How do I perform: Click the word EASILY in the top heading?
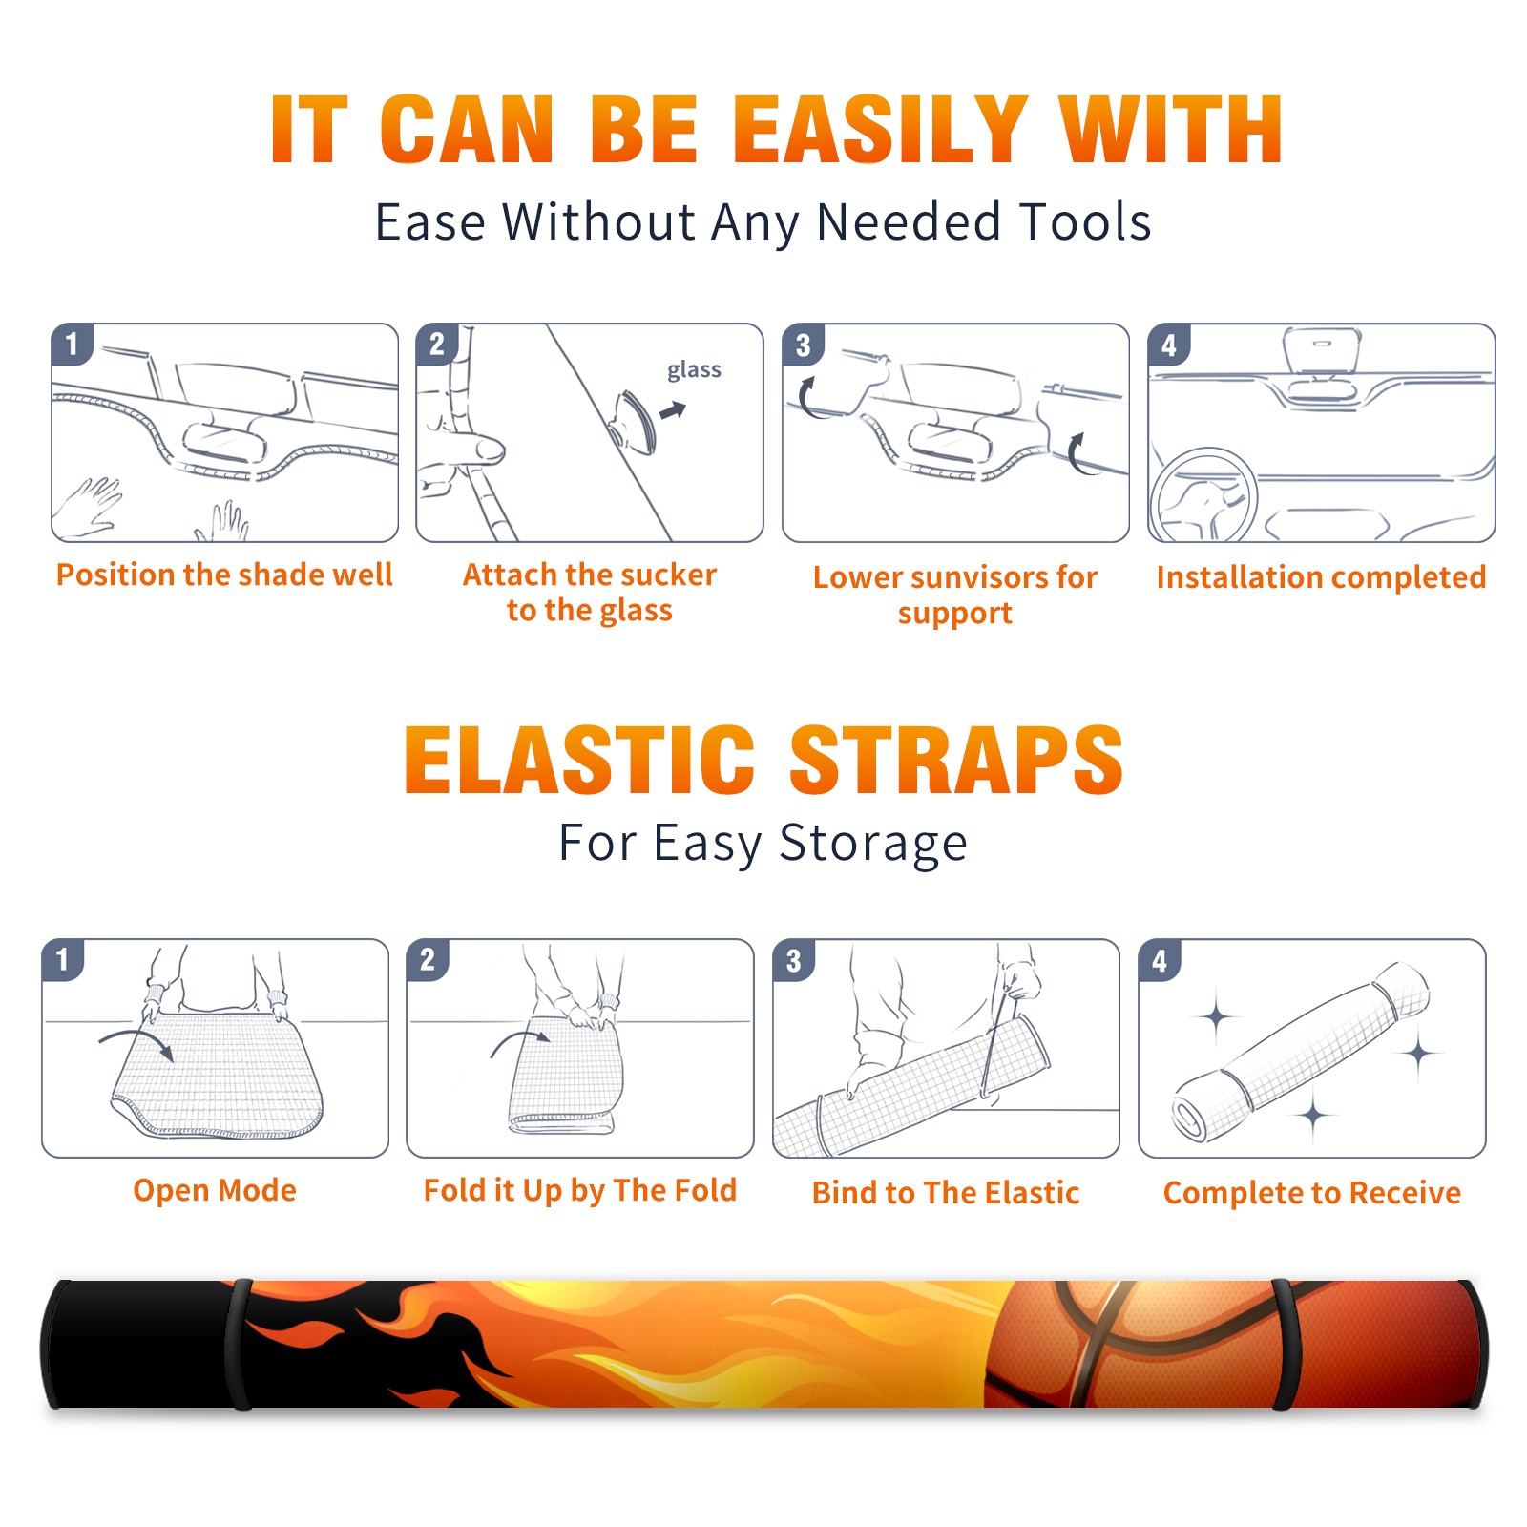[880, 130]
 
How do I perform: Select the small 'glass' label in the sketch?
[694, 370]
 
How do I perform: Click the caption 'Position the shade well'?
[224, 575]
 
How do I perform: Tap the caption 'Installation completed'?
[1321, 577]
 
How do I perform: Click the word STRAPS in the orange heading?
[956, 760]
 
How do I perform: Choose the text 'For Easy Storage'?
[763, 843]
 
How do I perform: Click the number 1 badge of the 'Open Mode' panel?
[63, 959]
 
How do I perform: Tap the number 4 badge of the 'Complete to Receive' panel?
[1160, 960]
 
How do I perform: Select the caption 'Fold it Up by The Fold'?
[580, 1190]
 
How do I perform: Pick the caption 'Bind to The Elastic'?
[946, 1193]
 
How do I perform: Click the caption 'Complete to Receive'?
[1312, 1193]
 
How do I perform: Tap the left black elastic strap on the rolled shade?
[238, 1344]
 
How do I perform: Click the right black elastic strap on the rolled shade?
[1283, 1344]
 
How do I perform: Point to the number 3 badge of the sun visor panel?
[803, 345]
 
